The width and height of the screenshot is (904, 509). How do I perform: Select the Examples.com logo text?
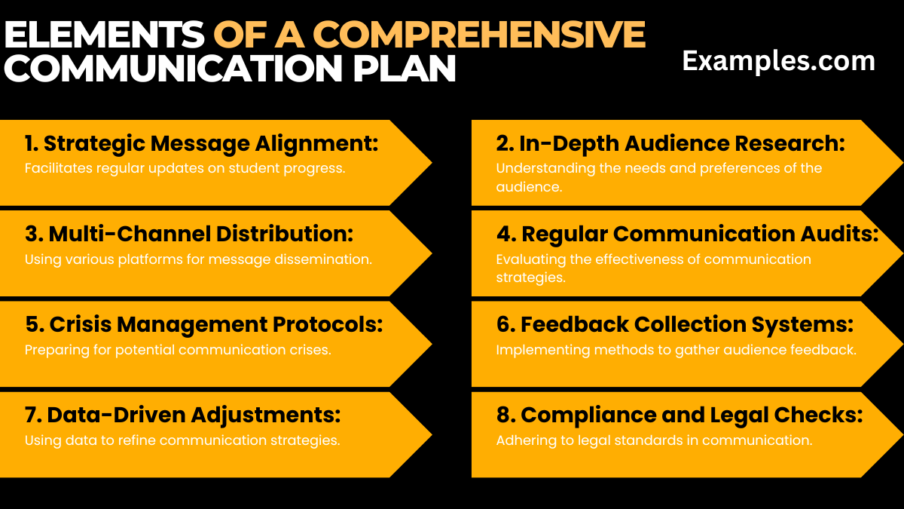(778, 61)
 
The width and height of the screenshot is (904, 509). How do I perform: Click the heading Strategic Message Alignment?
(201, 143)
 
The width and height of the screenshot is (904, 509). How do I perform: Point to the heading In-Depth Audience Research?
(670, 143)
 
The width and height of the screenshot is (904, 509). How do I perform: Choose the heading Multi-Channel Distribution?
(188, 234)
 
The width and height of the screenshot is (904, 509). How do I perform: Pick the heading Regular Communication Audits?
(687, 234)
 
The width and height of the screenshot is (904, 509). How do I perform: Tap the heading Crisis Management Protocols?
(204, 324)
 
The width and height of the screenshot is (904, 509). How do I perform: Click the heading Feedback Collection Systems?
(675, 324)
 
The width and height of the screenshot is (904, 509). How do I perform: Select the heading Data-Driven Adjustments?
(183, 415)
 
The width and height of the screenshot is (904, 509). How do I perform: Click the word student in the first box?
(237, 168)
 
